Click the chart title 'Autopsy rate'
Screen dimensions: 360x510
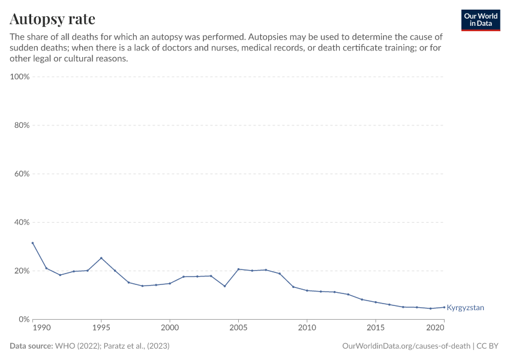pyautogui.click(x=52, y=19)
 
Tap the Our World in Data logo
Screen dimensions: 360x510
pyautogui.click(x=480, y=20)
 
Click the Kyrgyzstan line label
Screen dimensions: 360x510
pyautogui.click(x=465, y=308)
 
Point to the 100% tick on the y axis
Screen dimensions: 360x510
pyautogui.click(x=20, y=77)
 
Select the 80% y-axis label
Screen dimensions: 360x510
pyautogui.click(x=21, y=125)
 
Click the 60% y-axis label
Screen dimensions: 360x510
pyautogui.click(x=21, y=174)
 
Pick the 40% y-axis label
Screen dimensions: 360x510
pyautogui.click(x=21, y=222)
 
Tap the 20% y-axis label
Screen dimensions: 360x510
pyautogui.click(x=21, y=271)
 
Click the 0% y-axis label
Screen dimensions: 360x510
pyautogui.click(x=23, y=319)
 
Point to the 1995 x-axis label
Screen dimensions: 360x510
pyautogui.click(x=101, y=328)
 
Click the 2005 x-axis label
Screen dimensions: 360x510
pyautogui.click(x=238, y=328)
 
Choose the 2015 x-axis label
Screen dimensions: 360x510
pyautogui.click(x=376, y=328)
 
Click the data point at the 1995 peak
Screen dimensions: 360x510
pyautogui.click(x=101, y=258)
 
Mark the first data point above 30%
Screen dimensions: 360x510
pyautogui.click(x=32, y=243)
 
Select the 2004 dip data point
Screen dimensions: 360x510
pyautogui.click(x=224, y=286)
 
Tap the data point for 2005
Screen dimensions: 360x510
pyautogui.click(x=238, y=269)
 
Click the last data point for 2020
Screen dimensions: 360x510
pyautogui.click(x=444, y=307)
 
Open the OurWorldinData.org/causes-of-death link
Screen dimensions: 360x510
pyautogui.click(x=406, y=346)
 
